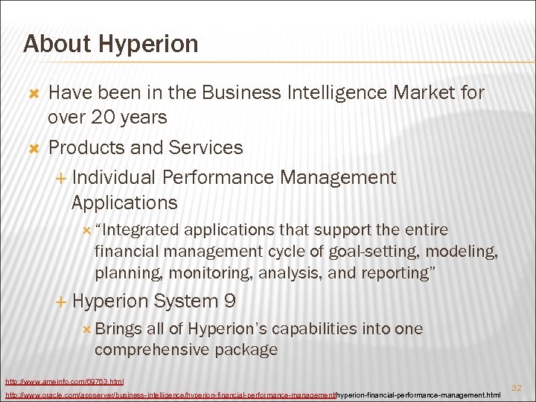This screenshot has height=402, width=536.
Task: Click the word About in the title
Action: click(56, 44)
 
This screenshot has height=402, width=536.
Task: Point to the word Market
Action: click(425, 93)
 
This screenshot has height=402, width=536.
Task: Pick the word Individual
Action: click(114, 177)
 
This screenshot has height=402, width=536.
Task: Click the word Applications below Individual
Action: click(124, 202)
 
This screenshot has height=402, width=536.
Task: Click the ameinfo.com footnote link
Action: click(64, 381)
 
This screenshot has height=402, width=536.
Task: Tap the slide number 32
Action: click(515, 387)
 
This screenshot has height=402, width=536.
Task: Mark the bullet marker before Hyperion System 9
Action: click(61, 302)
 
